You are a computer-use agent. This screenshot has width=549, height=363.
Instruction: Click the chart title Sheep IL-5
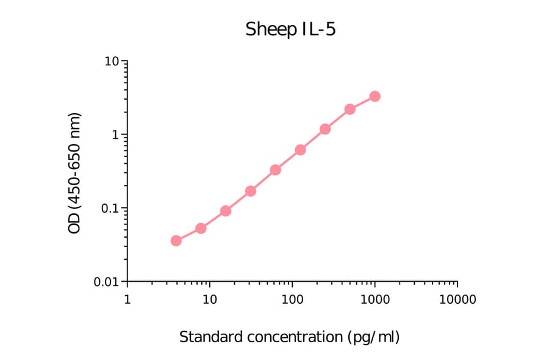[290, 29]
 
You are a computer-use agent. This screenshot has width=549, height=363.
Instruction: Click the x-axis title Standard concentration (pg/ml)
[289, 337]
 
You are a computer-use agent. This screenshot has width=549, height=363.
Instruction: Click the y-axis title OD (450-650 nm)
[74, 172]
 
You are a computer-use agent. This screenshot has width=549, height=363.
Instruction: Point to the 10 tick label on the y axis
[112, 62]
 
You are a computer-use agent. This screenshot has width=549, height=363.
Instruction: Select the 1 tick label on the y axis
[115, 135]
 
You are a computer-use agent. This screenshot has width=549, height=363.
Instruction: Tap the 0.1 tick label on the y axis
[109, 208]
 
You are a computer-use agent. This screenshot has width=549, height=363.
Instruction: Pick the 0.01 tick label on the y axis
[106, 282]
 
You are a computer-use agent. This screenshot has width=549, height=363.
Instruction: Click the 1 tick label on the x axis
[127, 299]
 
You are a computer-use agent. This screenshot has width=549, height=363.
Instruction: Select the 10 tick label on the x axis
[209, 299]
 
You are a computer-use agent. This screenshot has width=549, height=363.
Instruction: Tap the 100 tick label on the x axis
[292, 299]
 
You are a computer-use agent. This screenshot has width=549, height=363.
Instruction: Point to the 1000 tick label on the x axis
[375, 299]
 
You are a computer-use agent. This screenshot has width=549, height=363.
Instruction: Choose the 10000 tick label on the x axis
[457, 299]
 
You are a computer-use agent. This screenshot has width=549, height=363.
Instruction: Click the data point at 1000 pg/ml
[375, 97]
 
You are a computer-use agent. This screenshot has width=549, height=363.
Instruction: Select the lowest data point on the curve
[176, 241]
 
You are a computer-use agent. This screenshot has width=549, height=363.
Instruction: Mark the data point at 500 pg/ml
[350, 109]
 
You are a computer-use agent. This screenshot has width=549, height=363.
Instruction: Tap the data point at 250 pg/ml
[325, 129]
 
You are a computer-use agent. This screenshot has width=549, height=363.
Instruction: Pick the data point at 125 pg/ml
[300, 150]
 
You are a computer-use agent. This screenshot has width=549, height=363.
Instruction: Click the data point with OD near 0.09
[225, 211]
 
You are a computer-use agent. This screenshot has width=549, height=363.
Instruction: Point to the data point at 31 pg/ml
[250, 191]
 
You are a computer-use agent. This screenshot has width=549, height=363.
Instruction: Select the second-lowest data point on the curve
[201, 229]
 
